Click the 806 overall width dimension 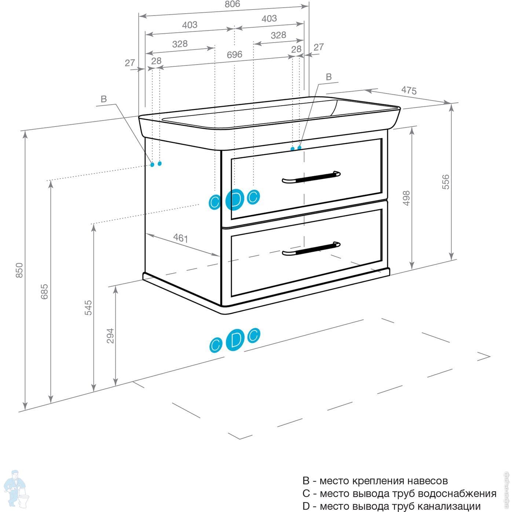(x=232, y=4)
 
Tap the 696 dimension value (x=234, y=55)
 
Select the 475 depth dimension (x=409, y=90)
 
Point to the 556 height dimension (x=446, y=182)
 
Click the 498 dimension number (x=406, y=198)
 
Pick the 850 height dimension (x=19, y=270)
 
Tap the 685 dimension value (x=44, y=291)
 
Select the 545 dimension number (x=88, y=307)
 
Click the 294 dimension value (x=110, y=336)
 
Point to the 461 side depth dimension (x=180, y=238)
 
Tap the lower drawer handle (x=311, y=248)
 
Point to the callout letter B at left (x=103, y=99)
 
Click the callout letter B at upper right (x=329, y=77)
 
